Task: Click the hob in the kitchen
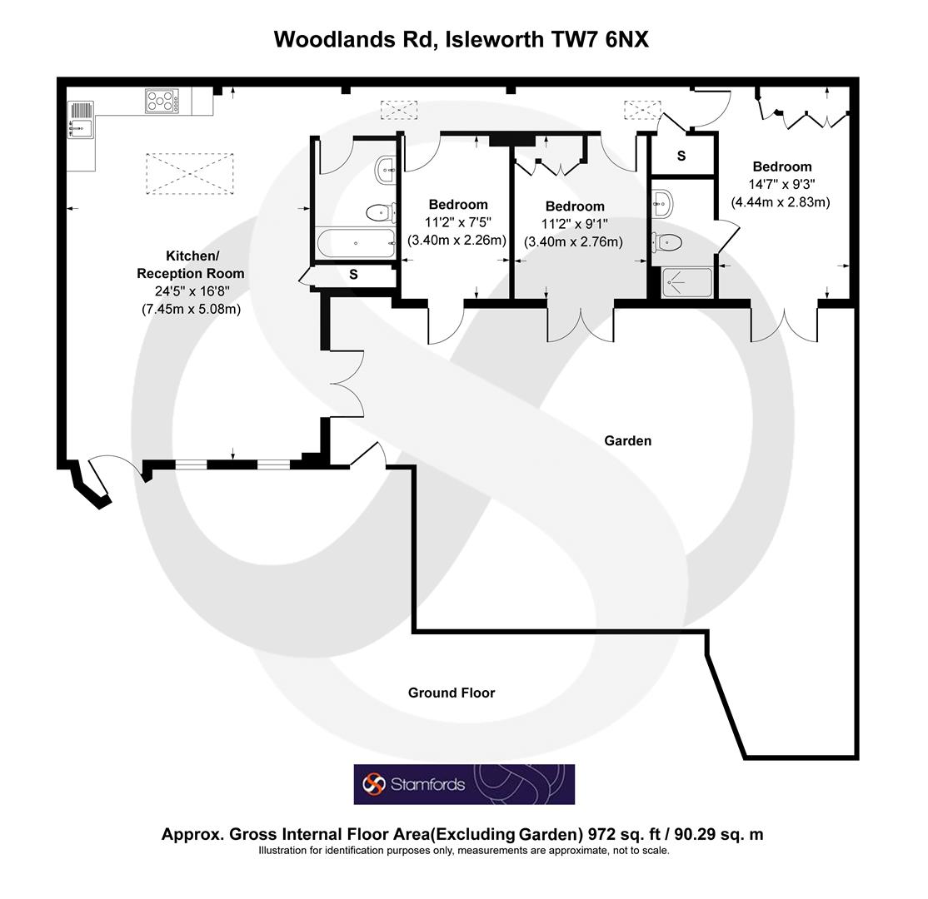click(x=163, y=101)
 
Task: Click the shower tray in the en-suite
click(x=687, y=282)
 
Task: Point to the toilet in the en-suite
click(x=668, y=241)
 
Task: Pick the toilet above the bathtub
click(x=380, y=212)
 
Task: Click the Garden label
click(x=628, y=440)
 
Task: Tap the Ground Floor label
click(x=452, y=693)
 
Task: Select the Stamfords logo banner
click(x=464, y=784)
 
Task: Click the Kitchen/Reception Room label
click(x=191, y=265)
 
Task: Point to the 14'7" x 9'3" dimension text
click(x=781, y=184)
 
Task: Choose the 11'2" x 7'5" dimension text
click(x=457, y=222)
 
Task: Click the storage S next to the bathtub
click(x=353, y=274)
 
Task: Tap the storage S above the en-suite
click(x=681, y=156)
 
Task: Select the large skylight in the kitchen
click(x=189, y=173)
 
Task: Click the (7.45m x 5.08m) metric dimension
click(x=191, y=309)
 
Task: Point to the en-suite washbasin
click(x=662, y=201)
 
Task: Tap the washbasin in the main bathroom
click(x=387, y=171)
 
